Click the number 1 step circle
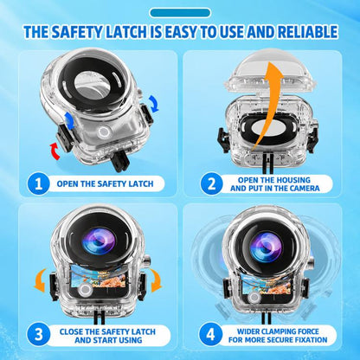point(38,183)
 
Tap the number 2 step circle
point(211,183)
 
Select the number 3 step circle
point(38,335)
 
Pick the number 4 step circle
point(211,335)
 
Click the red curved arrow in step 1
point(55,151)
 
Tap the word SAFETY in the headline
point(76,32)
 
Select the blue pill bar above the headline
point(180,13)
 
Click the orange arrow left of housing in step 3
point(40,280)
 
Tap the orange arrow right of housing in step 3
point(156,280)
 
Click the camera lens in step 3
point(99,241)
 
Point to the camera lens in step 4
point(266,247)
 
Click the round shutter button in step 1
point(103,132)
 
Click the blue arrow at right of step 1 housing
point(154,104)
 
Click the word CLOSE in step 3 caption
point(71,331)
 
